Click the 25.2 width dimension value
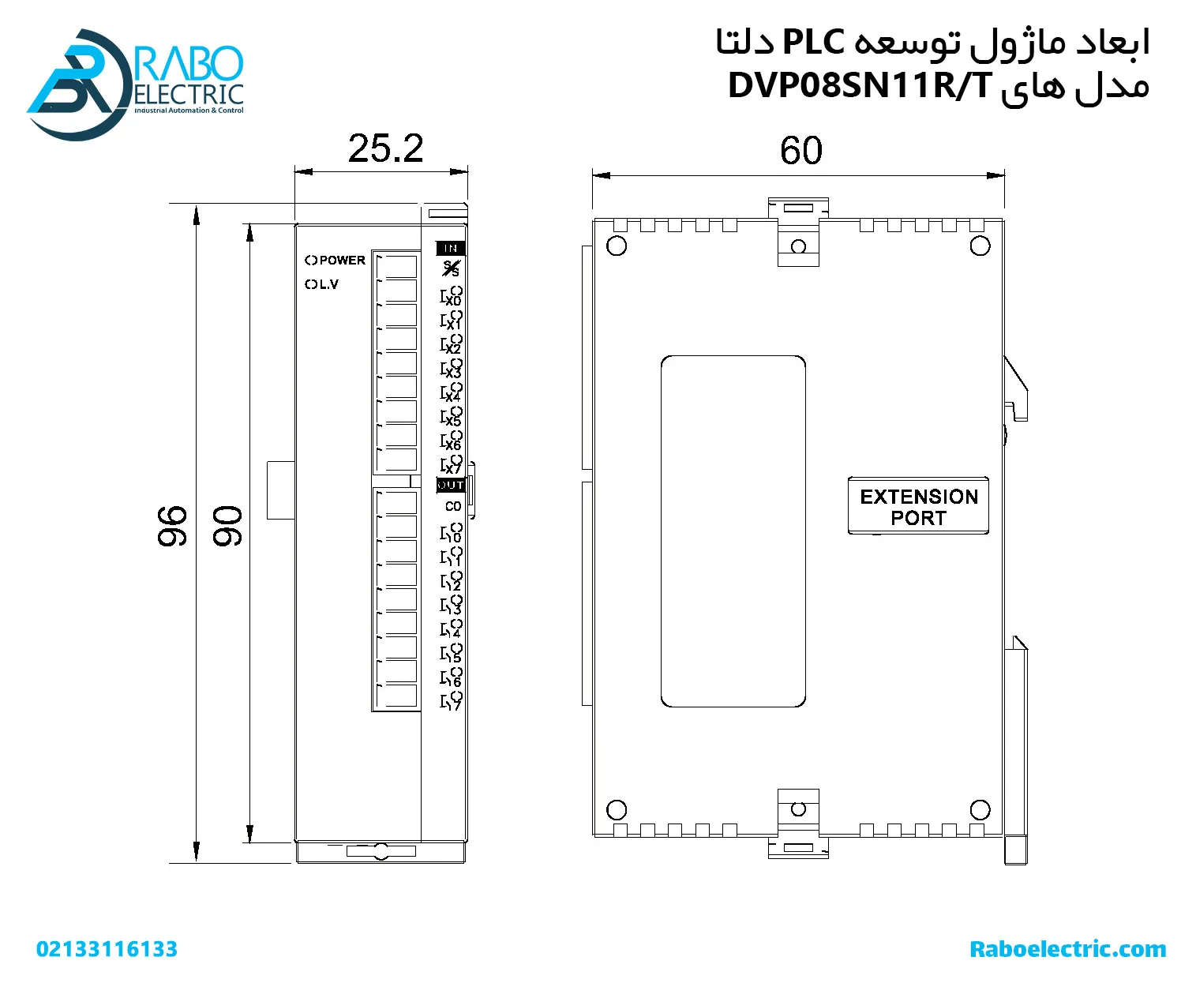click(x=385, y=148)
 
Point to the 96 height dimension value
click(x=172, y=526)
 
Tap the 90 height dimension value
click(x=227, y=526)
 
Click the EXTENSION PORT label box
click(x=918, y=505)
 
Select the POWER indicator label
click(x=342, y=261)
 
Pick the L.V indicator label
click(x=326, y=284)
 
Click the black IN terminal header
click(x=450, y=248)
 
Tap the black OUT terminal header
click(x=450, y=485)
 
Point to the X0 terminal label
click(x=453, y=301)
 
